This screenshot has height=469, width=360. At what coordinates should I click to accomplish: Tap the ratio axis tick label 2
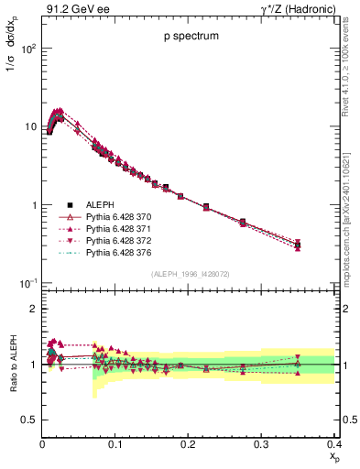click(32, 309)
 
